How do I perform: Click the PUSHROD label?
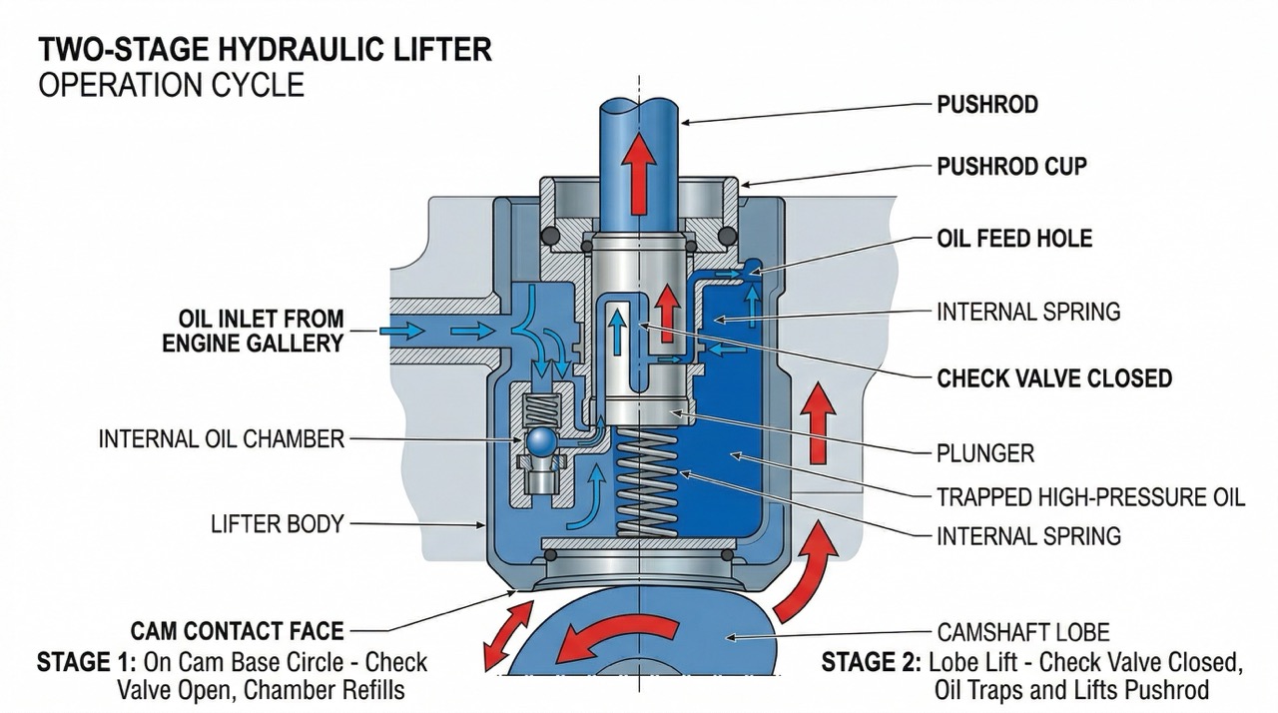(987, 105)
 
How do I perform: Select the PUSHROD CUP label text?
(1011, 167)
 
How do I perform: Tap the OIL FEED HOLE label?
(1014, 239)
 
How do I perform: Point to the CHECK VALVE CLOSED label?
(1054, 378)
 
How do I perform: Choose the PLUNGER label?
(984, 453)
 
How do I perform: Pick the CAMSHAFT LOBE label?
(1023, 632)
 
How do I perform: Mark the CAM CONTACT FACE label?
(237, 631)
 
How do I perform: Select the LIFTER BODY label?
(277, 523)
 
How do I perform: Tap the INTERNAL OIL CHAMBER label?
(221, 438)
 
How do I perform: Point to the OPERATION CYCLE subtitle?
(171, 85)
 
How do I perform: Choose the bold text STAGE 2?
(871, 663)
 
